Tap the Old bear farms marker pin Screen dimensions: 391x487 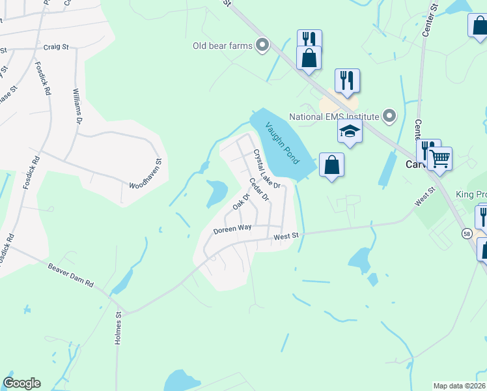[x=263, y=45]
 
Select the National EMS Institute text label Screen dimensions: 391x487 [x=334, y=117]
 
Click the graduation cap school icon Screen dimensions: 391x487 [x=350, y=131]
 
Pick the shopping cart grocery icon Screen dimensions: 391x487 [x=440, y=158]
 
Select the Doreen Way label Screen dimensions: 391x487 [x=232, y=229]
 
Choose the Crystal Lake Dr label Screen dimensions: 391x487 [x=266, y=169]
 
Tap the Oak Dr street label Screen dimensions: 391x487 [x=242, y=202]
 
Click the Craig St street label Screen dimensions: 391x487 [x=56, y=47]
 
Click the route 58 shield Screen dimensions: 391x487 [x=467, y=233]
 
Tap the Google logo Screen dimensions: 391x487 [x=21, y=383]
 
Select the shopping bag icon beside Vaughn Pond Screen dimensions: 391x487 [x=331, y=165]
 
